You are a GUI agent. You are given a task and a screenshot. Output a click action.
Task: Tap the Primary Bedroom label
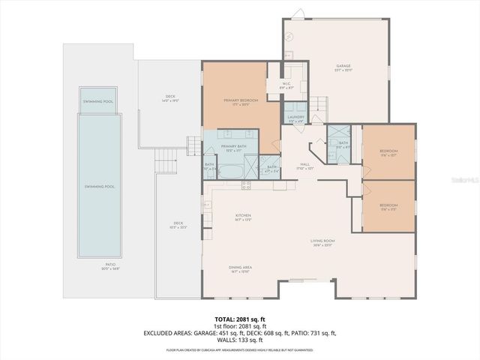click(241, 100)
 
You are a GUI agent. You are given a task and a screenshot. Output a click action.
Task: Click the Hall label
click(305, 164)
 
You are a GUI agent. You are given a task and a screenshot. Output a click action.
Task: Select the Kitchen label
click(243, 216)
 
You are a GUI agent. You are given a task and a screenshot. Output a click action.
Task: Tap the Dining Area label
click(240, 267)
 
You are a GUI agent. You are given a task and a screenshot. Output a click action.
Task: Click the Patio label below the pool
click(109, 265)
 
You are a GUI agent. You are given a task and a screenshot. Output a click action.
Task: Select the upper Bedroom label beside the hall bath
click(388, 152)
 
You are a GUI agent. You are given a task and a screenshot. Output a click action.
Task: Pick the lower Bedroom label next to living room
click(388, 205)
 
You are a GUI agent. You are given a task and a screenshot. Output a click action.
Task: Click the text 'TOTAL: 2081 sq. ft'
click(240, 319)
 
